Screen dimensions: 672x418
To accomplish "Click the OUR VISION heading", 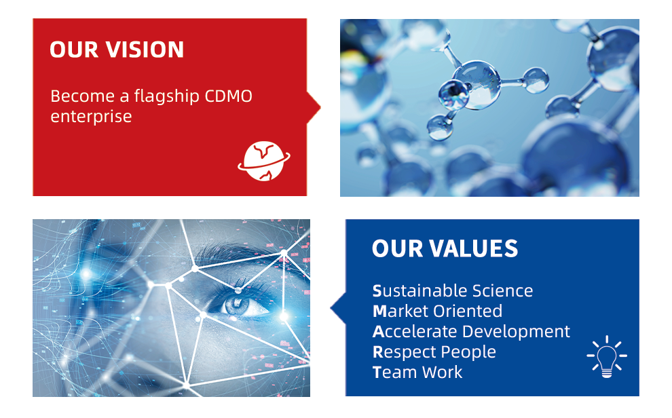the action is tap(117, 50).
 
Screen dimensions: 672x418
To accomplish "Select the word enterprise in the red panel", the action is tap(91, 117).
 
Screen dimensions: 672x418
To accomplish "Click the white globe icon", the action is tap(264, 161).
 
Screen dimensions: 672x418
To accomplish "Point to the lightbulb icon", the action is tap(606, 356).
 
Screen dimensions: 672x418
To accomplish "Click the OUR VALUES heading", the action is tap(445, 249).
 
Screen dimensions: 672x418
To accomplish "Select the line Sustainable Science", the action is tap(453, 291).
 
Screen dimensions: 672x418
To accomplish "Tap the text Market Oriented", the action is tap(437, 311).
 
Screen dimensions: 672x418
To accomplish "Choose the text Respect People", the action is tap(434, 352).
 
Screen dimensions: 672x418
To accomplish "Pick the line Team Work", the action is tap(417, 372).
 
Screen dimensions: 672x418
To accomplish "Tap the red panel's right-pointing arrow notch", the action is tap(314, 107).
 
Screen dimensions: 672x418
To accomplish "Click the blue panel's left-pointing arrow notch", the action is tap(338, 308).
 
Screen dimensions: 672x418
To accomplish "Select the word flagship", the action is tap(167, 96).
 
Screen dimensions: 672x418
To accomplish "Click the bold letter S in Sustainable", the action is tap(377, 291).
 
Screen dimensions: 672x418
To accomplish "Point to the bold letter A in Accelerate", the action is tap(379, 332).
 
